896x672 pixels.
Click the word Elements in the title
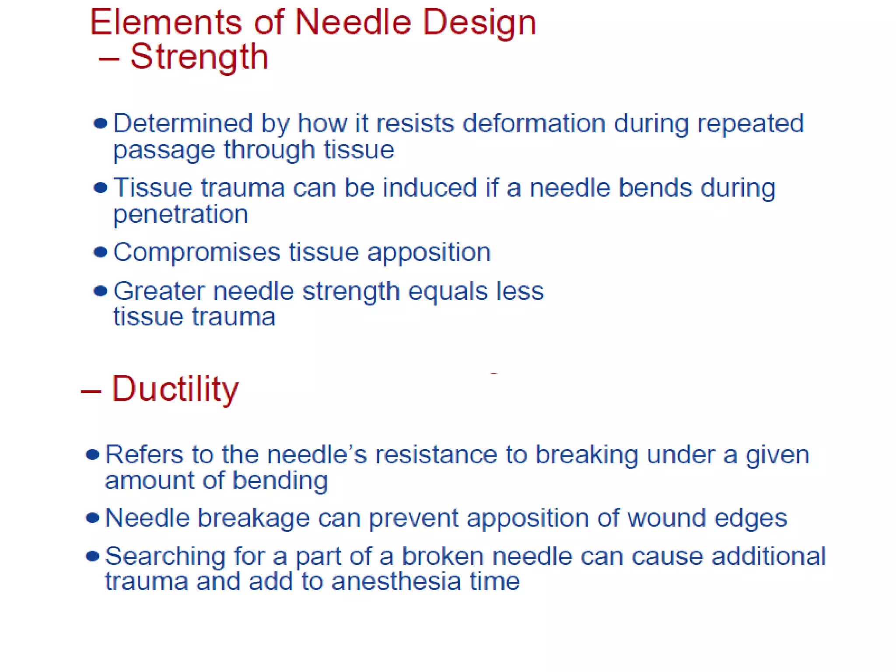(x=165, y=23)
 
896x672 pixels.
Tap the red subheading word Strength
(x=199, y=57)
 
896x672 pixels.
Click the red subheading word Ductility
(x=175, y=388)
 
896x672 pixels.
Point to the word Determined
(x=183, y=123)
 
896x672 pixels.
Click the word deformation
(x=534, y=123)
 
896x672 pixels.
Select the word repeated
(x=750, y=123)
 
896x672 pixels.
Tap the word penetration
(x=181, y=214)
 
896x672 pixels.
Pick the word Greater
(x=159, y=291)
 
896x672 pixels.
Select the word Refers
(x=144, y=455)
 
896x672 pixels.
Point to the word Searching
(x=165, y=557)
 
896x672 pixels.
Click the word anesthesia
(x=395, y=581)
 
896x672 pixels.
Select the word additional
(x=768, y=556)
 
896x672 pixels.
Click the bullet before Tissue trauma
(x=101, y=188)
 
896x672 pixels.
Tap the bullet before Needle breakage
(x=92, y=518)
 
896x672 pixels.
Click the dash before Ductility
(x=91, y=391)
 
